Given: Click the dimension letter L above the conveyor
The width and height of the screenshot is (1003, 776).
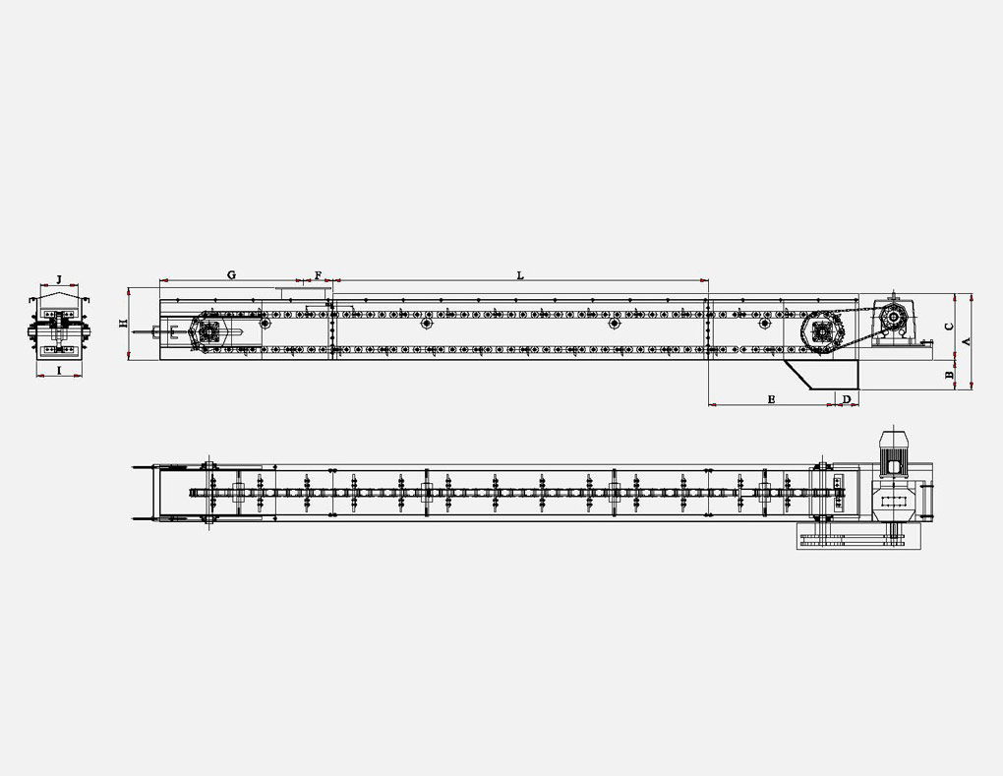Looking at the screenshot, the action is (x=520, y=275).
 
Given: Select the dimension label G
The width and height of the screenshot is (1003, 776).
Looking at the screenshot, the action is (x=231, y=275).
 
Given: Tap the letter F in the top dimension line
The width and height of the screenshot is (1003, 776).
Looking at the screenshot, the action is (x=318, y=275).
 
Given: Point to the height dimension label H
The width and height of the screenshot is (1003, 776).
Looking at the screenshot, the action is (x=124, y=324).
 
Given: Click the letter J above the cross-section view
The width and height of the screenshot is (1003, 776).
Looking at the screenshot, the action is (x=59, y=279).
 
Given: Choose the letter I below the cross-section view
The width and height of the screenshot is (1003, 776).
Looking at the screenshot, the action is (x=59, y=370).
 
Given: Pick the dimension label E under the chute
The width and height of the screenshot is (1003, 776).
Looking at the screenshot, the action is (x=772, y=399).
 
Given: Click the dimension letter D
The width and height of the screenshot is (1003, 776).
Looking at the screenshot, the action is (x=847, y=399).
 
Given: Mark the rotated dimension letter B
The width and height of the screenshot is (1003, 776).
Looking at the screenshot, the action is (x=949, y=376).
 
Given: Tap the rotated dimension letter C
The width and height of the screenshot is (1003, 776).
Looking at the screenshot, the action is (x=949, y=327).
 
